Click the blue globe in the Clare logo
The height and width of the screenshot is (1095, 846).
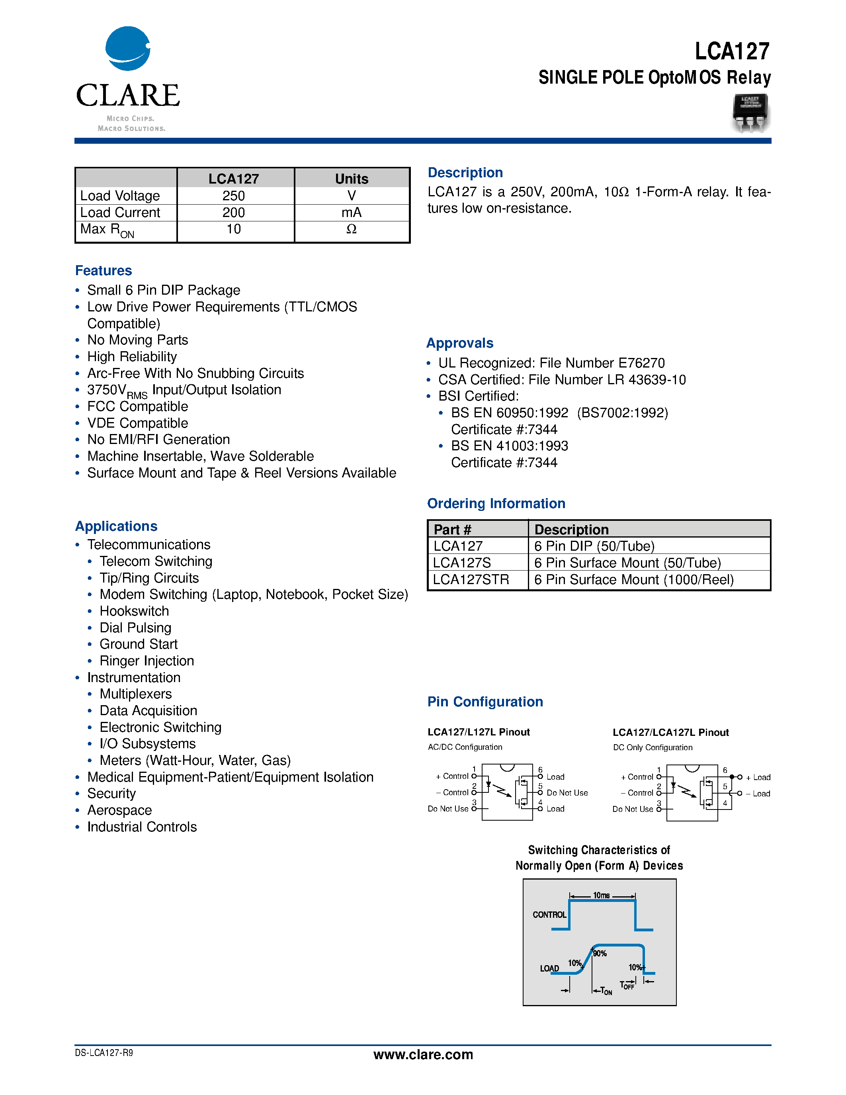pyautogui.click(x=127, y=49)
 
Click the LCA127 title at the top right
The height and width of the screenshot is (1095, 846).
pyautogui.click(x=732, y=51)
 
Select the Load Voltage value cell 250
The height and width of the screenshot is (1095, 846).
pyautogui.click(x=234, y=196)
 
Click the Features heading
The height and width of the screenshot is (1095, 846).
pyautogui.click(x=103, y=271)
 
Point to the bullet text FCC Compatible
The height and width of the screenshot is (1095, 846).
pyautogui.click(x=137, y=406)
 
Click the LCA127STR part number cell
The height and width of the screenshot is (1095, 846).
pyautogui.click(x=471, y=580)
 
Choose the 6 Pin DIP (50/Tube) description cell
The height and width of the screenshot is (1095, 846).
pyautogui.click(x=594, y=546)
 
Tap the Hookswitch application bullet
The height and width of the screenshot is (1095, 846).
pyautogui.click(x=134, y=611)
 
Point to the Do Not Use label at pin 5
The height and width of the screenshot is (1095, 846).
pyautogui.click(x=567, y=793)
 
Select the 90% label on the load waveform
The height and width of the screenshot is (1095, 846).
pyautogui.click(x=600, y=954)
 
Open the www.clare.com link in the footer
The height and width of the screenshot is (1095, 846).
pyautogui.click(x=423, y=1054)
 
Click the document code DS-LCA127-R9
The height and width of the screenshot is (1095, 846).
pyautogui.click(x=104, y=1053)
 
